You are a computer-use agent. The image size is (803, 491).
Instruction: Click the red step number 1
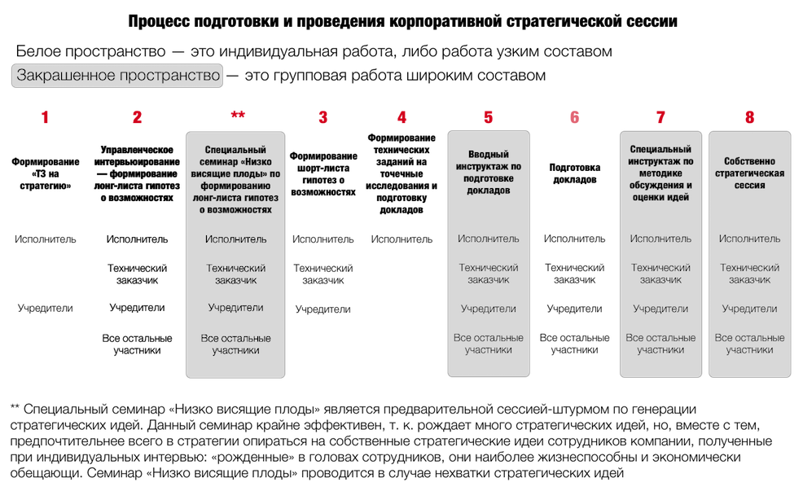45,117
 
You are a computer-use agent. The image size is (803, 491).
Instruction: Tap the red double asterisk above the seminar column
238,115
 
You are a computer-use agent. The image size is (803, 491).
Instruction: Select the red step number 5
489,117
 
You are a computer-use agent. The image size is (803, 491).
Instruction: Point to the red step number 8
750,117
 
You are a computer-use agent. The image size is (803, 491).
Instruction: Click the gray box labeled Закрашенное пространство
117,76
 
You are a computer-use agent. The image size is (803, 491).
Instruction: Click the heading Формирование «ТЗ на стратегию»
45,173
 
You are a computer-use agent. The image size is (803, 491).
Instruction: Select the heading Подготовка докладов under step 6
575,173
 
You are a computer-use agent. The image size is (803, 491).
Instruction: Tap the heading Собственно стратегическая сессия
750,173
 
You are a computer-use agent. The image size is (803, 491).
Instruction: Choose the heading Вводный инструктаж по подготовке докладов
489,172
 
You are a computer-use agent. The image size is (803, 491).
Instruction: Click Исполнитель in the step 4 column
401,239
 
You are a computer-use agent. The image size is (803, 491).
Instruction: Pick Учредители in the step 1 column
45,309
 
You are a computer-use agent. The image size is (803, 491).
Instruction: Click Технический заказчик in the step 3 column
323,274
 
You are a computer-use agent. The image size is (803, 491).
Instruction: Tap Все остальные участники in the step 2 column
138,344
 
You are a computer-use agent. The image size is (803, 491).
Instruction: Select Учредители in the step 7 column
660,309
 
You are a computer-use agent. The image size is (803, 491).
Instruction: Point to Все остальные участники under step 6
575,344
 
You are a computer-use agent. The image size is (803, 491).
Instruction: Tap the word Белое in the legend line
38,52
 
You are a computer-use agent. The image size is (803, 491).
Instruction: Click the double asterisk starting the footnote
15,408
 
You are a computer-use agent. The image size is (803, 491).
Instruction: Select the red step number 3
323,117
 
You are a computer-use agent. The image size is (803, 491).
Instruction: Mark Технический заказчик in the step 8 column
750,274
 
